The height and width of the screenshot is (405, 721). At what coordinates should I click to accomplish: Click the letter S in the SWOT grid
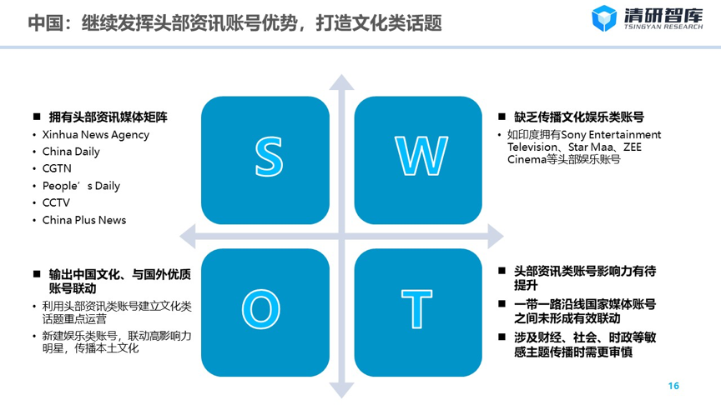[x=269, y=157]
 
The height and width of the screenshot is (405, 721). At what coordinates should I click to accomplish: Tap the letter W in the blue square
[x=421, y=156]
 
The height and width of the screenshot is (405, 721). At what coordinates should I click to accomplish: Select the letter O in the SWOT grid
[x=261, y=309]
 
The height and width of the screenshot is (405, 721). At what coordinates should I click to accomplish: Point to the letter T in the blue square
[x=416, y=309]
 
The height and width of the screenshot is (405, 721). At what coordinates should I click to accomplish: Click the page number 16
[x=673, y=386]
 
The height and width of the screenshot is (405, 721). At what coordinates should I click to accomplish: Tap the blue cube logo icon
[x=603, y=18]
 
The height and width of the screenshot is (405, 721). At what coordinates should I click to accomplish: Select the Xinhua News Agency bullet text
[x=96, y=135]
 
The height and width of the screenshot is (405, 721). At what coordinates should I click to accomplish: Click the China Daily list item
[x=71, y=152]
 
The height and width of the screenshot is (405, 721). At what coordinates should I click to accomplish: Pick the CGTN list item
[x=57, y=168]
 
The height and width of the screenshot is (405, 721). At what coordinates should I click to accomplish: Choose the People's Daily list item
[x=81, y=186]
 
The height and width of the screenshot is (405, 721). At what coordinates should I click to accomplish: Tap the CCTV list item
[x=56, y=202]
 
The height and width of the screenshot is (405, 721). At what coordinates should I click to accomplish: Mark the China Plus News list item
[x=84, y=220]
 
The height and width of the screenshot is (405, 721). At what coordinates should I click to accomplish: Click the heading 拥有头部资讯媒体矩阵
[x=108, y=117]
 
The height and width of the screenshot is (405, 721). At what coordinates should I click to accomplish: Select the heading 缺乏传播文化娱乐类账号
[x=579, y=117]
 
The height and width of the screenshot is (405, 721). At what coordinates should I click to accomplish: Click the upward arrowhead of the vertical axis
[x=341, y=82]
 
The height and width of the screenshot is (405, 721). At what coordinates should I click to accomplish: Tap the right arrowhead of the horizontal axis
[x=496, y=237]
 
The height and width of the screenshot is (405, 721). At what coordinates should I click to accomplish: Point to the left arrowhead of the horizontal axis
[x=188, y=237]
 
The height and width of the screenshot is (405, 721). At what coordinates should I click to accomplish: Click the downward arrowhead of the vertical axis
[x=341, y=390]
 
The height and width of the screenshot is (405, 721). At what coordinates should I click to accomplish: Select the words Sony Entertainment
[x=611, y=134]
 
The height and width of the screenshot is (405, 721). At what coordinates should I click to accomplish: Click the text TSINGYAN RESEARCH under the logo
[x=663, y=27]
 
